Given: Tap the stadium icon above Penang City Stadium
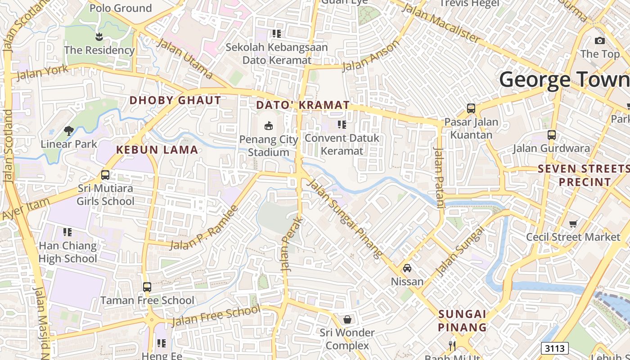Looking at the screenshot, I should click(x=269, y=125).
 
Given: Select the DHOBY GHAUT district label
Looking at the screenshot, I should click(x=175, y=100).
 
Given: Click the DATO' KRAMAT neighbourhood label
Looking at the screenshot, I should click(x=302, y=105).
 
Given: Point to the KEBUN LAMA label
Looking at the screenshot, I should click(x=157, y=150).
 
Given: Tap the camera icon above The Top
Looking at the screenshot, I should click(x=599, y=41).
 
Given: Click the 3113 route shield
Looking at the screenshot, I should click(x=554, y=348).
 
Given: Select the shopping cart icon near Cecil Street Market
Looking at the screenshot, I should click(x=573, y=224).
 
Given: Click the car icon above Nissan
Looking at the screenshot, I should click(x=407, y=268).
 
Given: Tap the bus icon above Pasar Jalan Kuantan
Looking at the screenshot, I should click(x=471, y=108).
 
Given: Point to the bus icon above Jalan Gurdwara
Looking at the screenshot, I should click(x=551, y=135).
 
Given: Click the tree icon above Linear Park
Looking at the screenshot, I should click(x=68, y=131).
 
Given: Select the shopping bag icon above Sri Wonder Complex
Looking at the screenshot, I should click(x=347, y=319).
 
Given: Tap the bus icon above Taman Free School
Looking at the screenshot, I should click(x=147, y=287).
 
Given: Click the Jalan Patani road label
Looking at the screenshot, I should click(x=438, y=178).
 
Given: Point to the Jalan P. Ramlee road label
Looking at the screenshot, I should click(x=204, y=229).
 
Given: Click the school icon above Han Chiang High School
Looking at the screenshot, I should click(x=67, y=232).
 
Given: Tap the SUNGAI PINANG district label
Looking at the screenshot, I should click(x=462, y=320).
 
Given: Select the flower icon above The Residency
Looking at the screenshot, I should click(x=99, y=36).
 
